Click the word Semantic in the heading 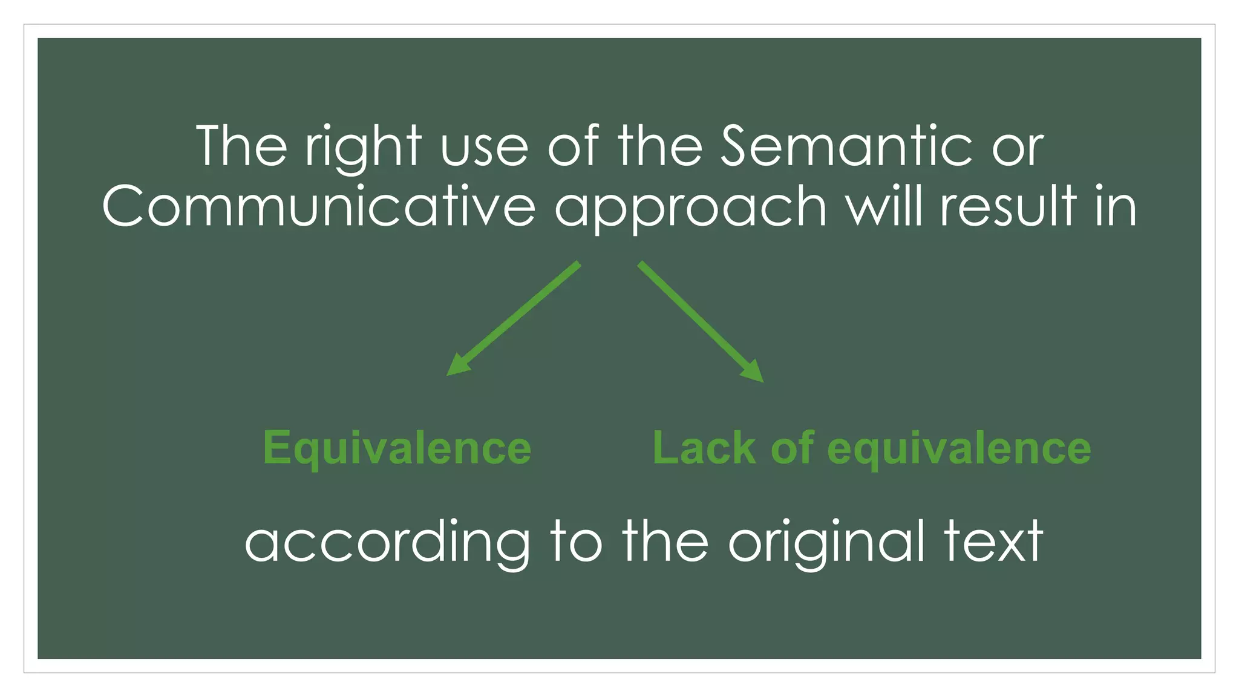point(846,146)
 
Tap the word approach point(690,209)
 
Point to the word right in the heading point(363,148)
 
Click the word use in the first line point(485,151)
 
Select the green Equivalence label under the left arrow point(397,450)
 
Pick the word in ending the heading point(1116,206)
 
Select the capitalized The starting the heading point(241,146)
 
